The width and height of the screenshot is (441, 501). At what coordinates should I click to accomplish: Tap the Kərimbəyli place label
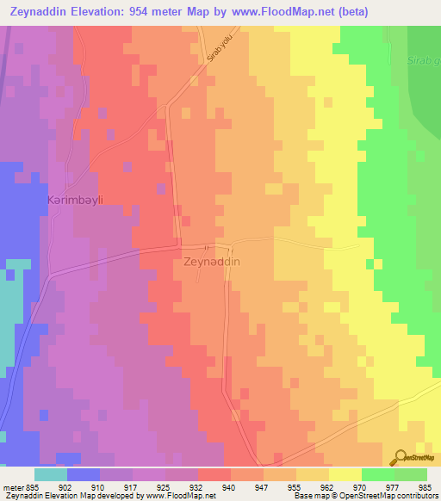(x=75, y=201)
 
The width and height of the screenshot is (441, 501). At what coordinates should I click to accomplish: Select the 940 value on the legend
(x=227, y=486)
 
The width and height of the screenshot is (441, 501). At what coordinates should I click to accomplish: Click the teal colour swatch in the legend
(x=50, y=474)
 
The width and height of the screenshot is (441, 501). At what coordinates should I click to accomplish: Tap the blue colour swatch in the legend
(x=83, y=474)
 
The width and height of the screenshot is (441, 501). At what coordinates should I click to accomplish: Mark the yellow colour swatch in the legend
(x=345, y=474)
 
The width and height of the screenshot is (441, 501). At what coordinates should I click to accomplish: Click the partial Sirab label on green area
(x=425, y=61)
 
